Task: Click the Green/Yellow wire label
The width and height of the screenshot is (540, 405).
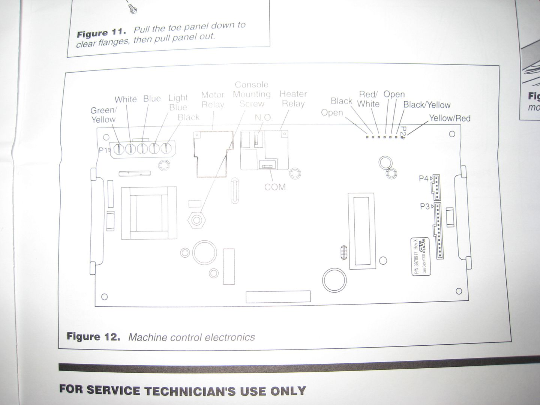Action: [103, 115]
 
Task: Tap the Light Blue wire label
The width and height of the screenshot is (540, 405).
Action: [178, 102]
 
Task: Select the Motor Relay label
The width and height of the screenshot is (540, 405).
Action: [213, 100]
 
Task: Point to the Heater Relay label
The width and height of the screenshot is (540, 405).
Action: [293, 99]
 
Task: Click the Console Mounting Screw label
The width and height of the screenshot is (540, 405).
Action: [252, 94]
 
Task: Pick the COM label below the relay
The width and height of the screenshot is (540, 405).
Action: [275, 187]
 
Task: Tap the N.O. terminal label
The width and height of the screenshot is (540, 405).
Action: [263, 117]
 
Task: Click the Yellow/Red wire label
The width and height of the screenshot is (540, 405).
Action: [450, 118]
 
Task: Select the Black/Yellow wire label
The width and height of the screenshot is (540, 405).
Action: [427, 105]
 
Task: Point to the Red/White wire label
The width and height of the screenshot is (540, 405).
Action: [368, 99]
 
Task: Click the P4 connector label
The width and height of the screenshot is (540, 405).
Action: [424, 178]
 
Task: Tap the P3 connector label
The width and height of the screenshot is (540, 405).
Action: [425, 206]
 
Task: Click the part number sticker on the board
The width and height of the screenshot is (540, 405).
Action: [421, 256]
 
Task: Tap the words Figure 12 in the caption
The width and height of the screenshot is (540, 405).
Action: [93, 336]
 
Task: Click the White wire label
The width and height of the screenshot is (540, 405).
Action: [126, 99]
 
